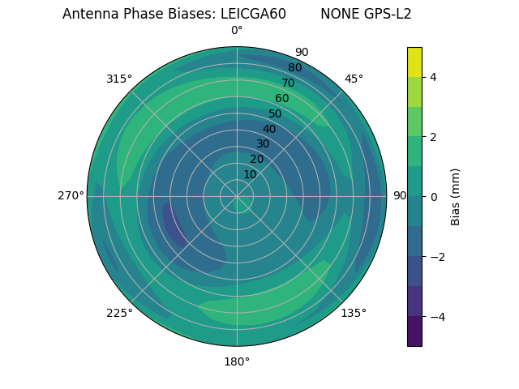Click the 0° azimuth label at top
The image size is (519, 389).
point(237,31)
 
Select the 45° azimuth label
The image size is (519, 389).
point(354,79)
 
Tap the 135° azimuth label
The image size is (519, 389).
point(354,313)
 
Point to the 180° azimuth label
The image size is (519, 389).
point(237,361)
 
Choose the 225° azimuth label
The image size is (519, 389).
point(119,313)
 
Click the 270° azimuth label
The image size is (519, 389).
point(71,196)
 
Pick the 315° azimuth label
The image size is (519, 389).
point(119,79)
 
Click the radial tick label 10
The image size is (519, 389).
point(250,174)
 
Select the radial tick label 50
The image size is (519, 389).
point(276,113)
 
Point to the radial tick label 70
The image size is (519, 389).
point(288,83)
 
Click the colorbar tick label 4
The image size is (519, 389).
point(433,77)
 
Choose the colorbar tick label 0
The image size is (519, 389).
point(433,196)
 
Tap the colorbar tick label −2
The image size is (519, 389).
point(435,256)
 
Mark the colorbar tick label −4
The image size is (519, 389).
point(435,316)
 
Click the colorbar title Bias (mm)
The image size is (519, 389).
point(456,196)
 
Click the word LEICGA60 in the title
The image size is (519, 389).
point(253,14)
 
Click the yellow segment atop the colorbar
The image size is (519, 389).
point(414,62)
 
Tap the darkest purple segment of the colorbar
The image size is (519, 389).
point(414,331)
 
